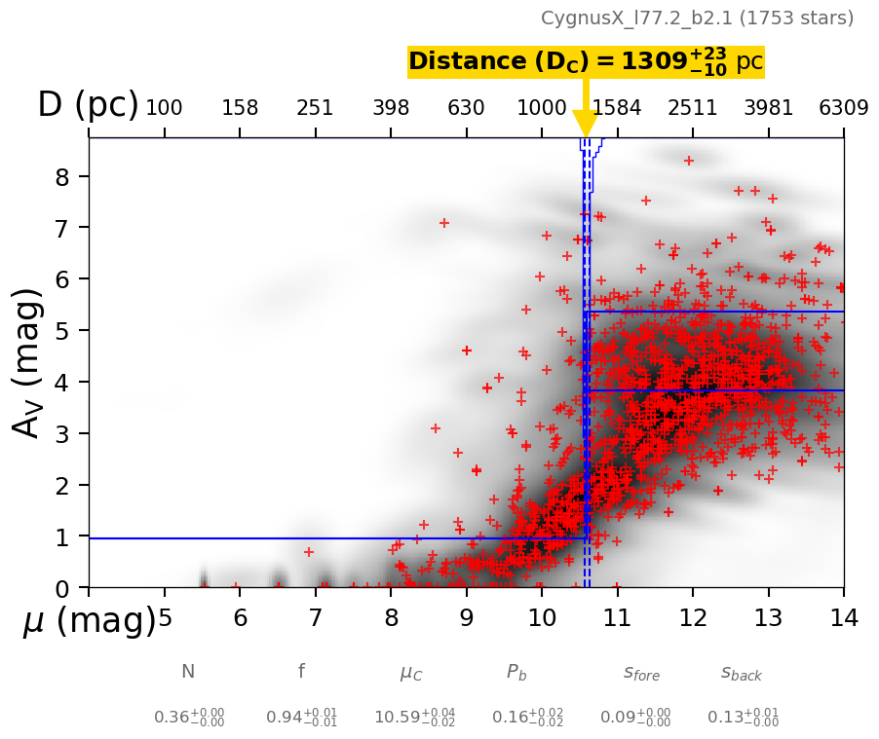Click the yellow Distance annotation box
pos(586,62)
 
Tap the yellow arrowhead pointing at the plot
pos(585,124)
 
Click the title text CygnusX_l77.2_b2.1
pos(697,18)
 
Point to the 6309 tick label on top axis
pos(844,108)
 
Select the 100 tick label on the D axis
pos(164,108)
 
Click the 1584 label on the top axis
pos(617,108)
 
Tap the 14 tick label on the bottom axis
pos(844,617)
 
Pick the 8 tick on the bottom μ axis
pos(391,617)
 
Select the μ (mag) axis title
pos(89,621)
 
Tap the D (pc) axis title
pos(88,105)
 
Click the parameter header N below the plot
pos(188,672)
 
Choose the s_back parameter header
pos(742,673)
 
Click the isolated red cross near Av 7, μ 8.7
pos(444,223)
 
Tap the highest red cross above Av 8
pos(689,161)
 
